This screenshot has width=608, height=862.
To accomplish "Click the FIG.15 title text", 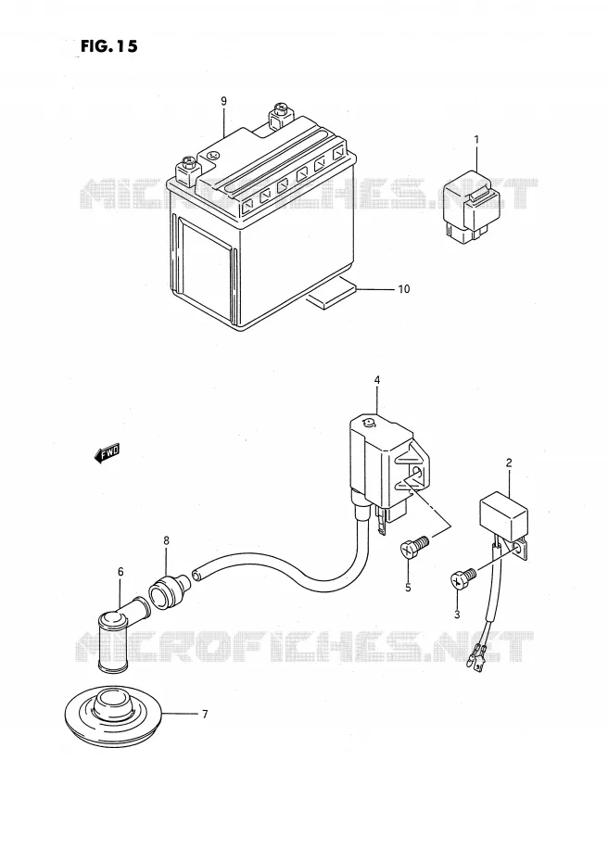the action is click(108, 46).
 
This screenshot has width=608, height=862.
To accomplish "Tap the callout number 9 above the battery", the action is click(223, 101).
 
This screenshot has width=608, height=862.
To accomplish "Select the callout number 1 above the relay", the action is click(476, 140).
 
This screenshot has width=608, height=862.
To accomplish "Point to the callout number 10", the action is click(404, 289).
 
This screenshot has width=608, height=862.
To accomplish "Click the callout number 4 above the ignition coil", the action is click(377, 380).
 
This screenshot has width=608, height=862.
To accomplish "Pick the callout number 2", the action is click(509, 463).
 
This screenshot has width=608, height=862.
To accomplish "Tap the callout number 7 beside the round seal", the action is click(205, 715).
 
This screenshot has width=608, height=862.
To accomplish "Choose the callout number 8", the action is click(166, 541).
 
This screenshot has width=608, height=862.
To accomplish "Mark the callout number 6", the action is click(120, 572).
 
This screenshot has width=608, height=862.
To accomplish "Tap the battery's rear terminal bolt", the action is click(279, 117).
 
